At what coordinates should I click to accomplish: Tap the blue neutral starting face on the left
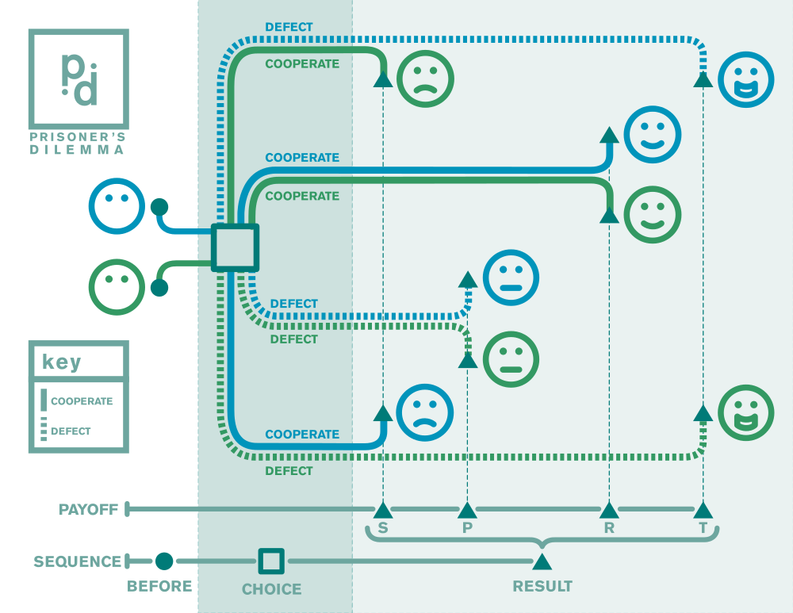[117, 206]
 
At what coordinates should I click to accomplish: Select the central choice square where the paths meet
[235, 247]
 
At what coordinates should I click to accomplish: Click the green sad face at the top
[426, 78]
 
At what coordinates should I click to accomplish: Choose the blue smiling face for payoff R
[653, 134]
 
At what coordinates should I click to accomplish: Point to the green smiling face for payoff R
[653, 214]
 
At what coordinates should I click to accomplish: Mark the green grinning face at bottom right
[746, 412]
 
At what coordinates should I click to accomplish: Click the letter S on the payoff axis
[383, 528]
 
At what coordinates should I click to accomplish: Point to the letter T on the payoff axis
[703, 528]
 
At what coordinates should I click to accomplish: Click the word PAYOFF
[88, 509]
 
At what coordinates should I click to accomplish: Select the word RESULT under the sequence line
[542, 587]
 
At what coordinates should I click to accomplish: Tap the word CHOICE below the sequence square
[271, 589]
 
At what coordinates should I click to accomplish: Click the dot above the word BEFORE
[164, 561]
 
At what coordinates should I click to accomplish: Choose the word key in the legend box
[62, 362]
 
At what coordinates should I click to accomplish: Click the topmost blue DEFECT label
[289, 27]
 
